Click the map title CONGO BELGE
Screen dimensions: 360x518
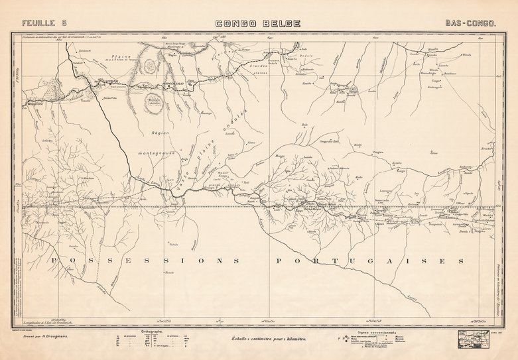(259, 24)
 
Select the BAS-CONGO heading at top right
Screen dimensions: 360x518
(472, 23)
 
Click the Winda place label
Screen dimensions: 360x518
(466, 55)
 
